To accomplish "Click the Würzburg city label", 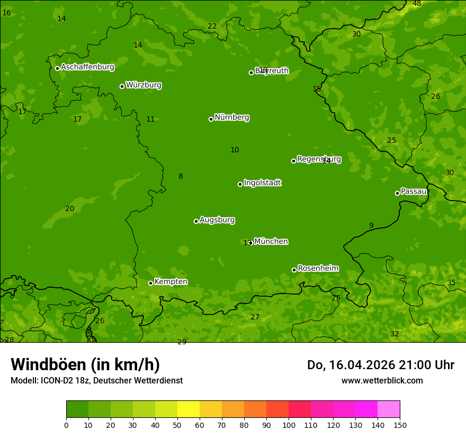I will (144, 85).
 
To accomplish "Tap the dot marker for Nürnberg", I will (211, 119).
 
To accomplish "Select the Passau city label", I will (414, 191).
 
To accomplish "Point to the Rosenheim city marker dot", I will (294, 270).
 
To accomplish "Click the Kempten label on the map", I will (171, 282).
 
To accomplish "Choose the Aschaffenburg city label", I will (87, 67).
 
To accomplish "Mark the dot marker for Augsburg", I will (196, 221).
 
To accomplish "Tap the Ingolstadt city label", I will (262, 183).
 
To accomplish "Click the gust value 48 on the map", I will (417, 4).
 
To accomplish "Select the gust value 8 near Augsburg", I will (181, 177).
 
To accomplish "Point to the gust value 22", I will (212, 26).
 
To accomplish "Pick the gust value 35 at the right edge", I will (451, 283).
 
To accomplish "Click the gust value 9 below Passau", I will (371, 226).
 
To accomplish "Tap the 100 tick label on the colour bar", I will (289, 425).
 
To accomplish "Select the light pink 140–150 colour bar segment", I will (389, 409).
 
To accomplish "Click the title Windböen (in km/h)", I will (85, 364).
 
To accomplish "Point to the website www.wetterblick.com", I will (382, 381).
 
